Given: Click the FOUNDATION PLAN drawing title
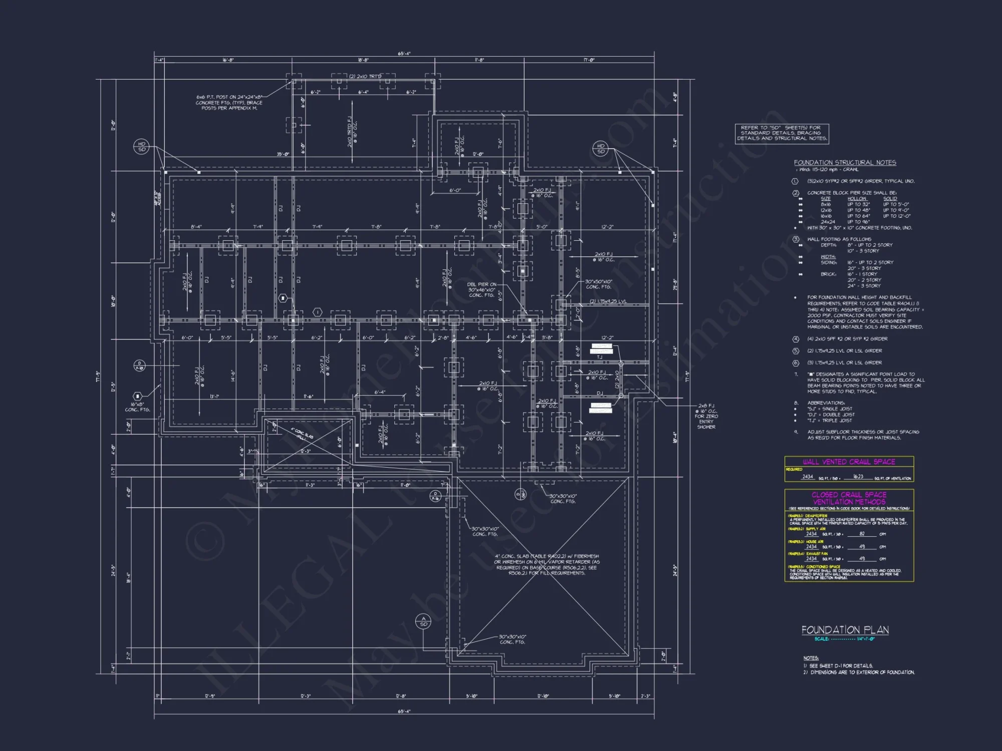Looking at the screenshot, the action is click(845, 630).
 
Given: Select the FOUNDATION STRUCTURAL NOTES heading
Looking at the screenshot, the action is click(845, 163).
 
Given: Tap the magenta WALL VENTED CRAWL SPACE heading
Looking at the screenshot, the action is click(849, 462).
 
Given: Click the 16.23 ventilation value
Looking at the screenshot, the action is click(858, 477).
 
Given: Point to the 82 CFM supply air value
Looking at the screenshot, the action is click(862, 534).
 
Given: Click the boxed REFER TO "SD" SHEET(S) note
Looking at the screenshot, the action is click(781, 133).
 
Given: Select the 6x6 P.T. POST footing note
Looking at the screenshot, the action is click(229, 103).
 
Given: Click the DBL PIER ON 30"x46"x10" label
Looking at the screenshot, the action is click(481, 290).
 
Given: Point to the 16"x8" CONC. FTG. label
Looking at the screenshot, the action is click(137, 407).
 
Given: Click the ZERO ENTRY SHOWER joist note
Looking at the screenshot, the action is click(706, 416).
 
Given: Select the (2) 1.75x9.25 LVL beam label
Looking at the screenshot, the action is click(608, 301).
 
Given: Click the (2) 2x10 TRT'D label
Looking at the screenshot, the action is click(365, 77).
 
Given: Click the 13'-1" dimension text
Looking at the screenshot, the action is click(214, 397).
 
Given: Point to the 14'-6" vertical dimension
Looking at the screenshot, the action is click(233, 376).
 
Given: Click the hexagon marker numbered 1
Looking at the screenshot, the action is click(317, 312).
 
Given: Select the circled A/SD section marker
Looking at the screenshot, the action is click(423, 622).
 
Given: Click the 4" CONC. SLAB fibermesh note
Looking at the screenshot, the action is click(547, 564).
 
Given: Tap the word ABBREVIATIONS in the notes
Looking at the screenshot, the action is click(826, 403).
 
